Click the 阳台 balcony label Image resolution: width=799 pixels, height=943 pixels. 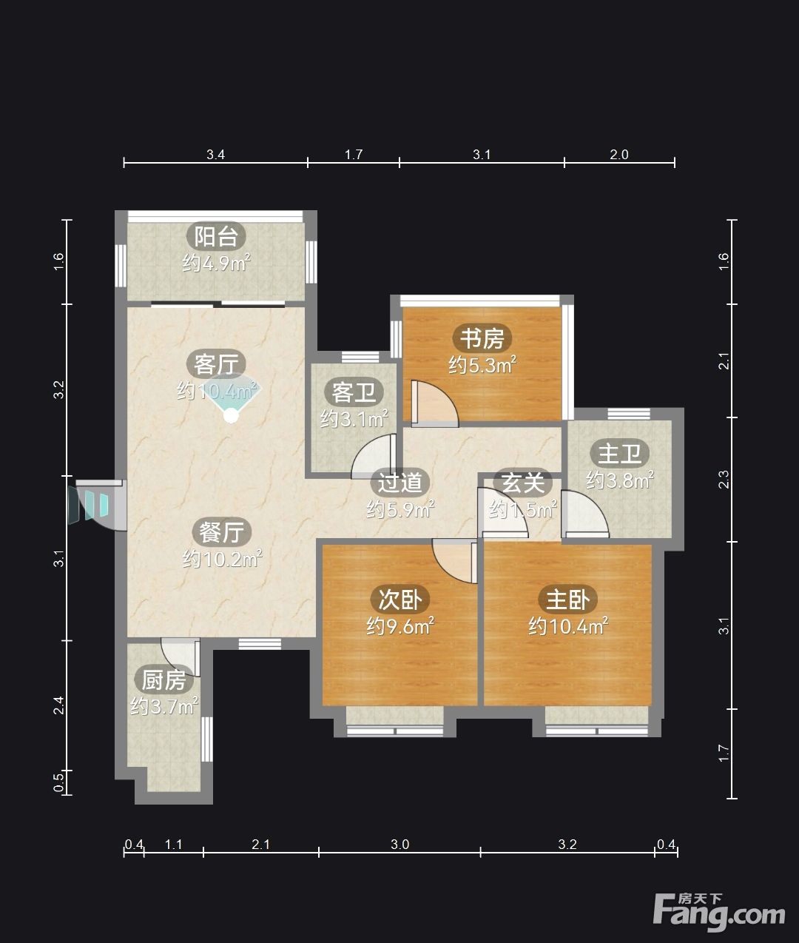tap(216, 236)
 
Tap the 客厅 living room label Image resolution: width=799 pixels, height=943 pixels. tap(216, 364)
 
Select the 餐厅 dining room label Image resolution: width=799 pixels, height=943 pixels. tap(221, 532)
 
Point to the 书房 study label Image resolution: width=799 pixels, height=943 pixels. tap(482, 338)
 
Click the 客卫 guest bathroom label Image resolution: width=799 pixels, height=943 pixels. tap(354, 392)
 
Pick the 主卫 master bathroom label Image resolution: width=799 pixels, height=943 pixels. tap(619, 454)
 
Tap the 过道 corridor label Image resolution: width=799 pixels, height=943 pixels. tap(400, 482)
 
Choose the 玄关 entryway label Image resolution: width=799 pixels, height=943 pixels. tap(522, 482)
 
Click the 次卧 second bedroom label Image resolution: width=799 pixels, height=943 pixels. tap(400, 600)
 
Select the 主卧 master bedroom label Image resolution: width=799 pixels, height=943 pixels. tap(567, 600)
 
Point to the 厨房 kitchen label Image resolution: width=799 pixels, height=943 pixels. tap(163, 680)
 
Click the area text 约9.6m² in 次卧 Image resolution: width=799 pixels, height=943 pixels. tap(400, 626)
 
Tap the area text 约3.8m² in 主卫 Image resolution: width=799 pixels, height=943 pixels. tap(619, 480)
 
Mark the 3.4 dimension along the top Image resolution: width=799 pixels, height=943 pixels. tap(215, 155)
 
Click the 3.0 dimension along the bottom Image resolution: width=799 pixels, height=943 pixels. tap(399, 845)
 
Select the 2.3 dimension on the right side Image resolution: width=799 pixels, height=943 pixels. tap(724, 479)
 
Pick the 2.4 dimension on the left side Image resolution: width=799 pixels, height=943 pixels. tap(59, 705)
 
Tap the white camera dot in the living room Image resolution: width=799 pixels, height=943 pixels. tap(232, 415)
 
